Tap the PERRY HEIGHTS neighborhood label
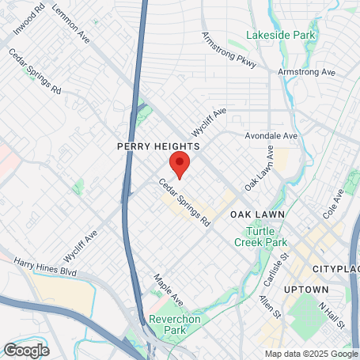pos(158,146)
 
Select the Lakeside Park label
pos(281,36)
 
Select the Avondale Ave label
pos(271,136)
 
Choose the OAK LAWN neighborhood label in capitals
pos(257,214)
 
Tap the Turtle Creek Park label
pos(264,235)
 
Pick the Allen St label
pos(270,308)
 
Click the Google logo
pos(26,349)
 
